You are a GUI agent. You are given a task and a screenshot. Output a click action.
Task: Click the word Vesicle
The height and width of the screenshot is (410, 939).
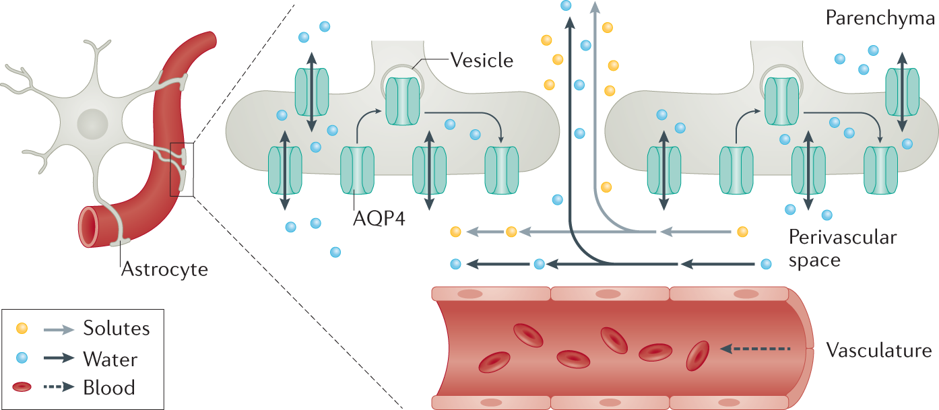tap(482, 61)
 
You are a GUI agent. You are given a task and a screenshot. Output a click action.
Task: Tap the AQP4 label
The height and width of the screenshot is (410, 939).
tap(379, 218)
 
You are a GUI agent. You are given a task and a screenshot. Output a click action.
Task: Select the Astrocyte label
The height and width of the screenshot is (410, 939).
tap(164, 269)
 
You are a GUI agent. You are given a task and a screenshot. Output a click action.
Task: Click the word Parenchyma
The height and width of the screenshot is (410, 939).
tap(880, 18)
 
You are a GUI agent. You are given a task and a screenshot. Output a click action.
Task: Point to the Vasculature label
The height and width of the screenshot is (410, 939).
tap(879, 350)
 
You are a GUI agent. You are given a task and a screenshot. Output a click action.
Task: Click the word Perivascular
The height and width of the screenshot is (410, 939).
tap(843, 238)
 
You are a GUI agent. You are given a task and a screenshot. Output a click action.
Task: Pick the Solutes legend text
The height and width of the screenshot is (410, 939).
tap(116, 328)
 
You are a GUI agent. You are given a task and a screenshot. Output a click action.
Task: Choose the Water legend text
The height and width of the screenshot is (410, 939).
tap(110, 360)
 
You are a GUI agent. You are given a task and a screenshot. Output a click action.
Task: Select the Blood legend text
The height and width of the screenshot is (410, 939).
tap(109, 387)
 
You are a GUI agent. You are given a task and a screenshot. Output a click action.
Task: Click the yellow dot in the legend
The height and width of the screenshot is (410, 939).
tap(22, 329)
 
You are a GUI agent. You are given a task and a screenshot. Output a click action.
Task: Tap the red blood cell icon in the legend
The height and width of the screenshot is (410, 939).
tap(22, 386)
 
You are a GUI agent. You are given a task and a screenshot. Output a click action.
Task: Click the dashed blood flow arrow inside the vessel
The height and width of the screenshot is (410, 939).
tap(755, 349)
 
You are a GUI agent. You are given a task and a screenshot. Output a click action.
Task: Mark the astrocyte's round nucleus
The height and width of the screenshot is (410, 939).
tap(93, 124)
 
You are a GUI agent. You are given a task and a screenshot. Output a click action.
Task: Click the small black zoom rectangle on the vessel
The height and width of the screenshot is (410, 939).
tap(182, 170)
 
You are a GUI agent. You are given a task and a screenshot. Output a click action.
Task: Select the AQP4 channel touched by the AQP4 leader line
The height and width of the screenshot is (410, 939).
tap(357, 170)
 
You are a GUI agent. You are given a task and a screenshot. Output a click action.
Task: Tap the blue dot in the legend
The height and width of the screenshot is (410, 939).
tap(22, 357)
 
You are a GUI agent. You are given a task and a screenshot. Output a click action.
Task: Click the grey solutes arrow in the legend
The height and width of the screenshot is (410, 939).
tap(59, 330)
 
